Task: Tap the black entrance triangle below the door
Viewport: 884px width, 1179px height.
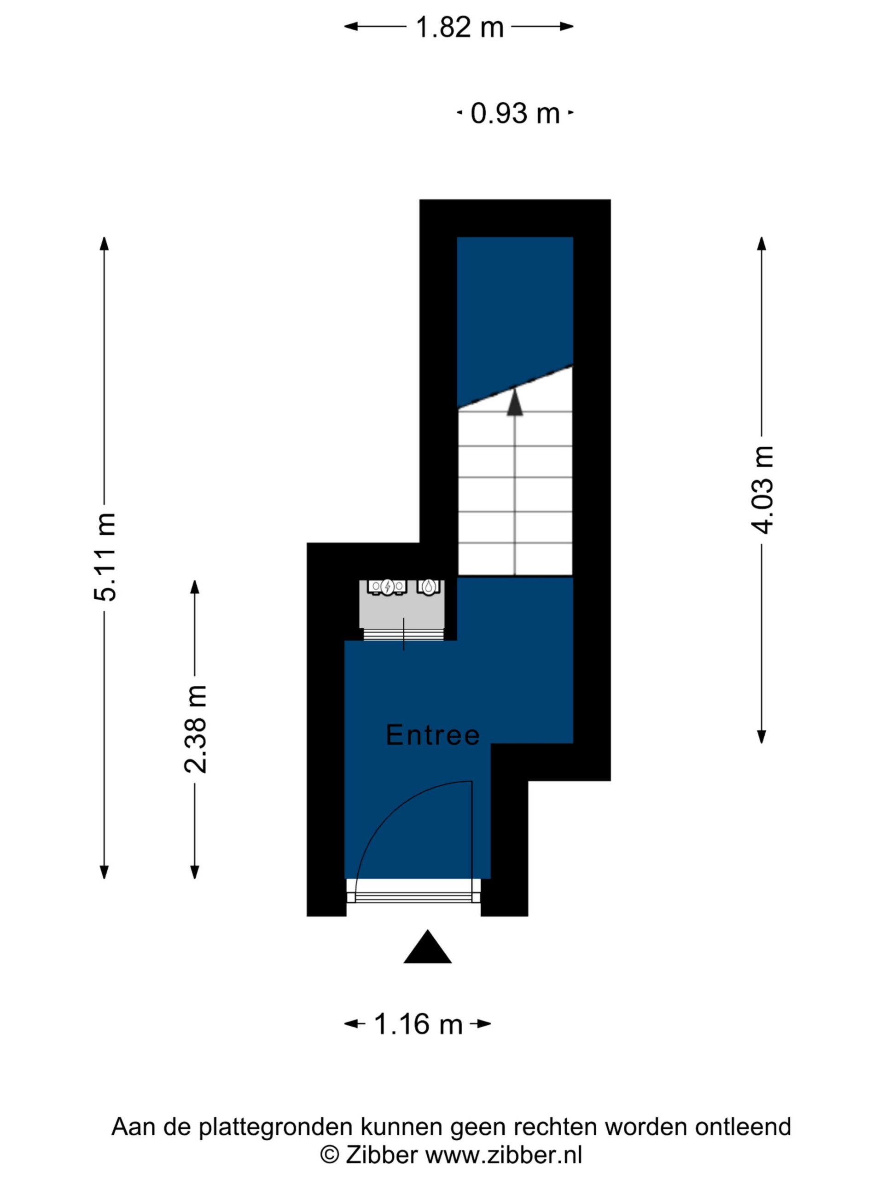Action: [x=427, y=947]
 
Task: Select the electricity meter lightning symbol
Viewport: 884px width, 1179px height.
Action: [x=387, y=587]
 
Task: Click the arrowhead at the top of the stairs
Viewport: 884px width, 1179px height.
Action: [x=515, y=402]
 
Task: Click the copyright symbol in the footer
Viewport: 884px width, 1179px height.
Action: [x=329, y=1156]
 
